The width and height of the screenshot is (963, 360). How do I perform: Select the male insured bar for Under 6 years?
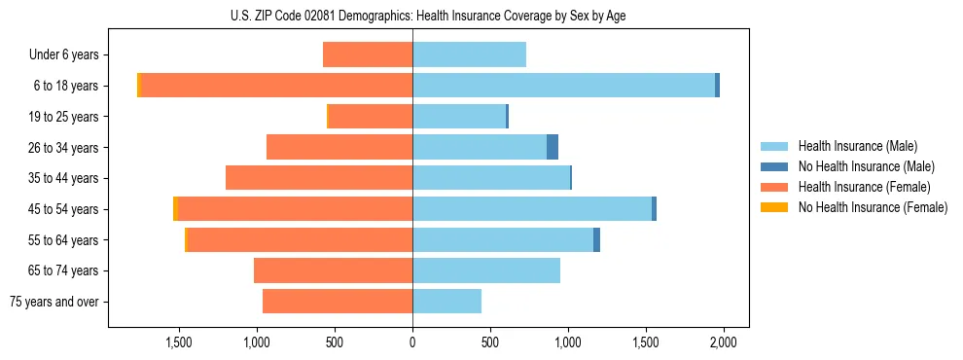pos(469,54)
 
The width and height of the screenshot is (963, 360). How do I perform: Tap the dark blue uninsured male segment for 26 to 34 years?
pos(553,147)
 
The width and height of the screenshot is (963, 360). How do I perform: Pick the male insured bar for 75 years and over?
pos(446,302)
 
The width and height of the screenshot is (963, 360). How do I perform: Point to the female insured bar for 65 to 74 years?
pos(333,270)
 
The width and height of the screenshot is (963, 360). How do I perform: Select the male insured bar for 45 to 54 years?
pos(532,209)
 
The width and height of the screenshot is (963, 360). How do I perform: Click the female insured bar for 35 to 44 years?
pos(319,178)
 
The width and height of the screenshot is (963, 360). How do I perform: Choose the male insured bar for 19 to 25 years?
pos(459,117)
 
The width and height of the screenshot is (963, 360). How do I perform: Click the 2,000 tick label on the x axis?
pos(723,342)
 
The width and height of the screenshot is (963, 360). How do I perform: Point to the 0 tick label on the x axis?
pos(412,342)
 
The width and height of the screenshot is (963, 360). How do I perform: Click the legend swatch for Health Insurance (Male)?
pos(774,146)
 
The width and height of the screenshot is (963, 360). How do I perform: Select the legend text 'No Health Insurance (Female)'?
pos(873,207)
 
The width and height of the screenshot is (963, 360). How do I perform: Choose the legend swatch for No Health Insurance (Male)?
pos(774,166)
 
